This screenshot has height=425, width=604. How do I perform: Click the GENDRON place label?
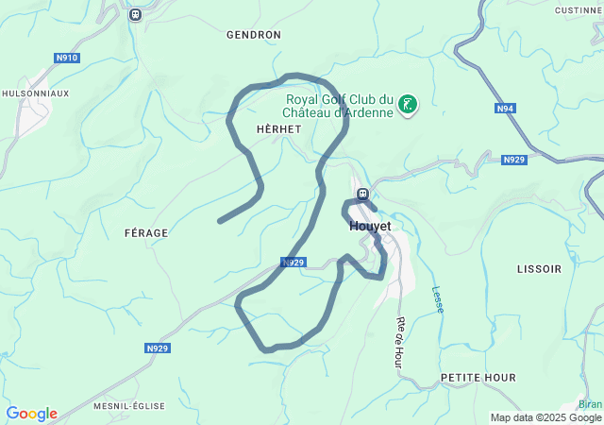[x=254, y=35]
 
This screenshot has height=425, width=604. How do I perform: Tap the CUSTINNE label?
[x=578, y=10]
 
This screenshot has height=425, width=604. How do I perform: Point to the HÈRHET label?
[x=278, y=127]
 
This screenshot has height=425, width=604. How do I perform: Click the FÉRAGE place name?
[x=145, y=232]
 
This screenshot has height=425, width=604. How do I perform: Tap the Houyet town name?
[x=370, y=227]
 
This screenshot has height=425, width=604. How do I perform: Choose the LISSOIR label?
[x=539, y=269]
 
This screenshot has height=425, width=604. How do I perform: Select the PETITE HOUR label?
[x=478, y=378]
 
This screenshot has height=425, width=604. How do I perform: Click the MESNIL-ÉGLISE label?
[x=128, y=406]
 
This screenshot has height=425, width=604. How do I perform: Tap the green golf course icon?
[x=408, y=105]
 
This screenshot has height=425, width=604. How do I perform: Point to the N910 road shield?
[x=67, y=58]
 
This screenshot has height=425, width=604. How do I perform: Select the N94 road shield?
[x=506, y=109]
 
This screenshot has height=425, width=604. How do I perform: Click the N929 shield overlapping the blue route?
[x=293, y=263]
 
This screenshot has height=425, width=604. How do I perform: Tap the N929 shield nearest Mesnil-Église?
[x=158, y=348]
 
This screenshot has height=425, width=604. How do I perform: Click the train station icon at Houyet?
[x=361, y=195]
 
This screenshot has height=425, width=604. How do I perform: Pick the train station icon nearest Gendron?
[x=135, y=14]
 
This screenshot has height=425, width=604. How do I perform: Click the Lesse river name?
[x=437, y=300]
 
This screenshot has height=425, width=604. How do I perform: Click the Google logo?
[x=31, y=414]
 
